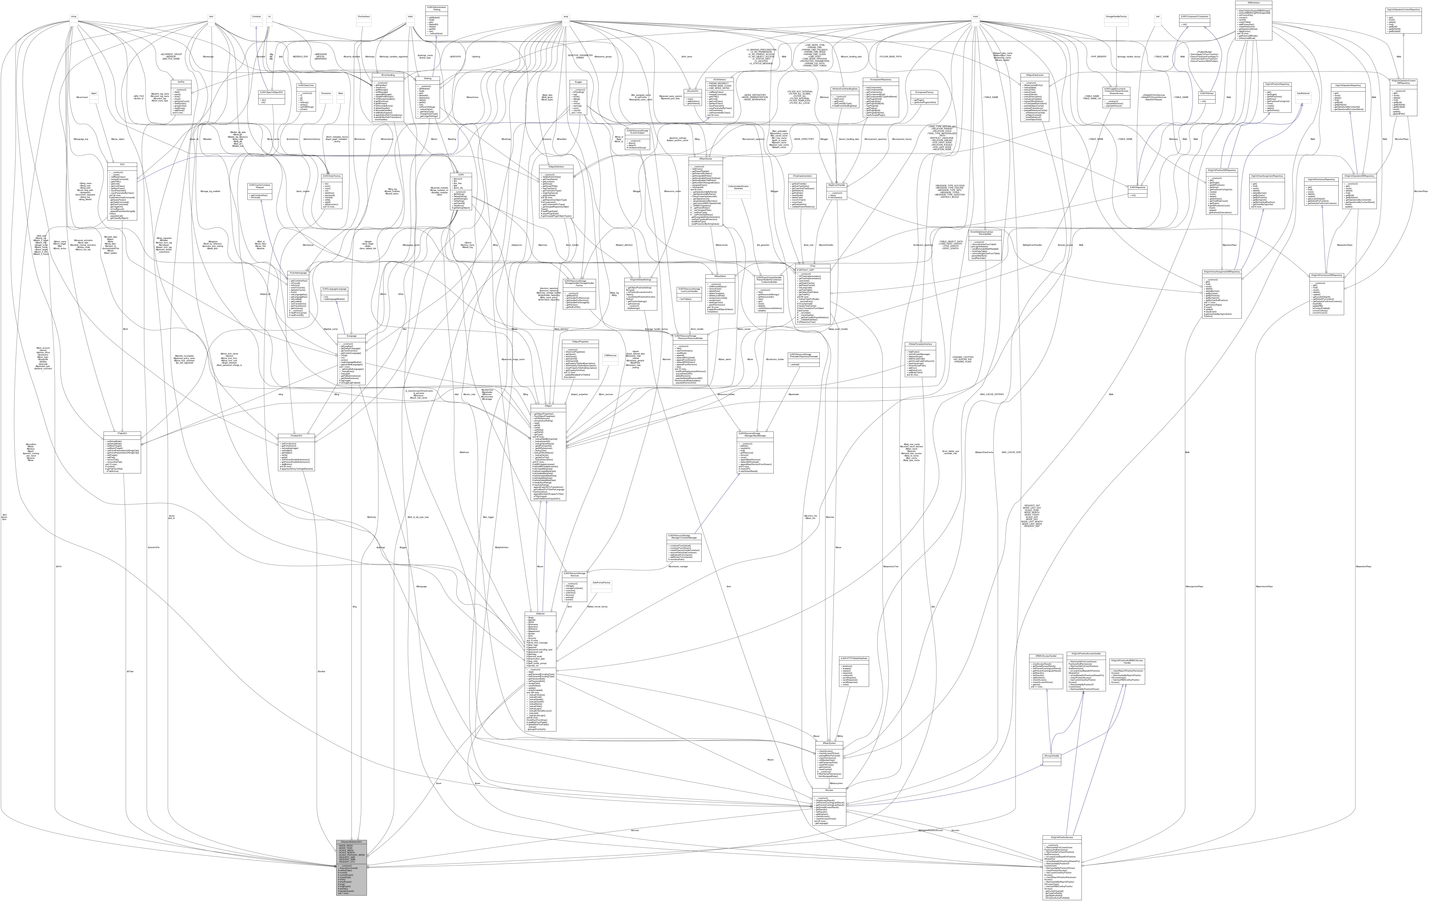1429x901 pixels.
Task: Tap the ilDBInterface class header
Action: tap(1253, 3)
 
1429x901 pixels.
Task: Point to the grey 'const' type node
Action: tap(975, 16)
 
